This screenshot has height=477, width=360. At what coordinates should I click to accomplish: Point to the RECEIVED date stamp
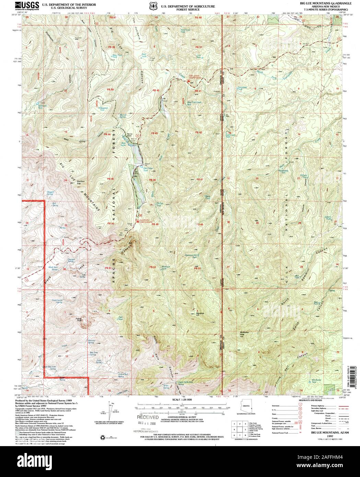[148, 418]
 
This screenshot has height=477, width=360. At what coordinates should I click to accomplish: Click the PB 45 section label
[110, 179]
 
